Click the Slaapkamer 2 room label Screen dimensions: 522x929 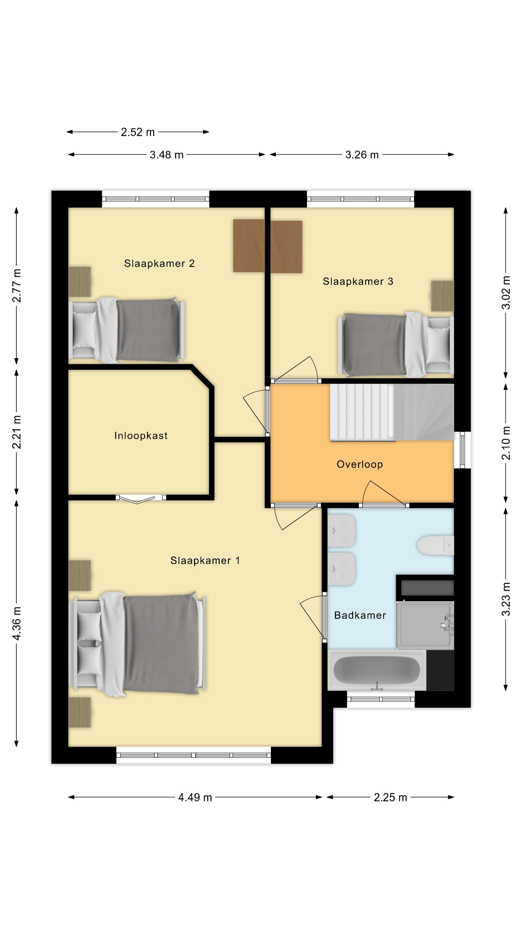tap(159, 264)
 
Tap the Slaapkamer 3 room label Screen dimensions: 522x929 tap(358, 281)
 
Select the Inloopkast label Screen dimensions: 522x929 tap(141, 436)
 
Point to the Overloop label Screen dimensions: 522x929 tap(360, 464)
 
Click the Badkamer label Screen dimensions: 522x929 tap(360, 615)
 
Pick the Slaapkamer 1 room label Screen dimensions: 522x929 tap(205, 561)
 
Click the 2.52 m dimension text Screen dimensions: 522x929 tap(138, 132)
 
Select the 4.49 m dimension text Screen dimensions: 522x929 tap(195, 797)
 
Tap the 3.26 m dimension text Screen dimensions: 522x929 tap(362, 155)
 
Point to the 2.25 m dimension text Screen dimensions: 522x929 tap(390, 797)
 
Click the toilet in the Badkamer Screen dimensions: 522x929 tap(435, 545)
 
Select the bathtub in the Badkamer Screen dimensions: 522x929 tap(377, 670)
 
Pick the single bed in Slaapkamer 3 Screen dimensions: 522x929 tap(396, 345)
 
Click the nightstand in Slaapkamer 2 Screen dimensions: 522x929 tap(80, 282)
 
